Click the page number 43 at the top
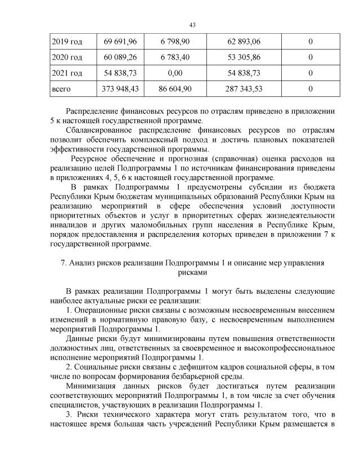pos(192,25)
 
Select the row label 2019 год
pos(66,42)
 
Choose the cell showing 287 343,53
pos(244,88)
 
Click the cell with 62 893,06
pos(244,42)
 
